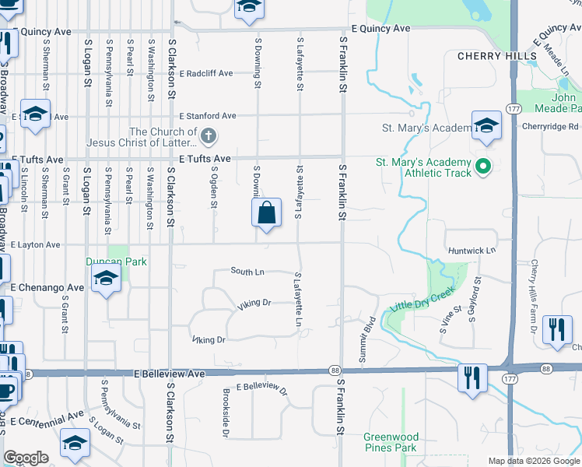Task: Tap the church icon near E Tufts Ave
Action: (208, 138)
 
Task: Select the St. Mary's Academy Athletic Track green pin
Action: (482, 167)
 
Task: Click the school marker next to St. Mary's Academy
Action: (486, 125)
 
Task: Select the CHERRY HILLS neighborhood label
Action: (497, 56)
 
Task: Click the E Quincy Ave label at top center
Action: (380, 29)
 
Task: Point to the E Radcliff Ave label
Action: (205, 74)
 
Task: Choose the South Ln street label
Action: (247, 271)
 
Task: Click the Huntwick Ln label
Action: (472, 251)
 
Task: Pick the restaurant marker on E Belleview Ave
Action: (472, 378)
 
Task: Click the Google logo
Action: (26, 458)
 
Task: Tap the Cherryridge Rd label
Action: (550, 126)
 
